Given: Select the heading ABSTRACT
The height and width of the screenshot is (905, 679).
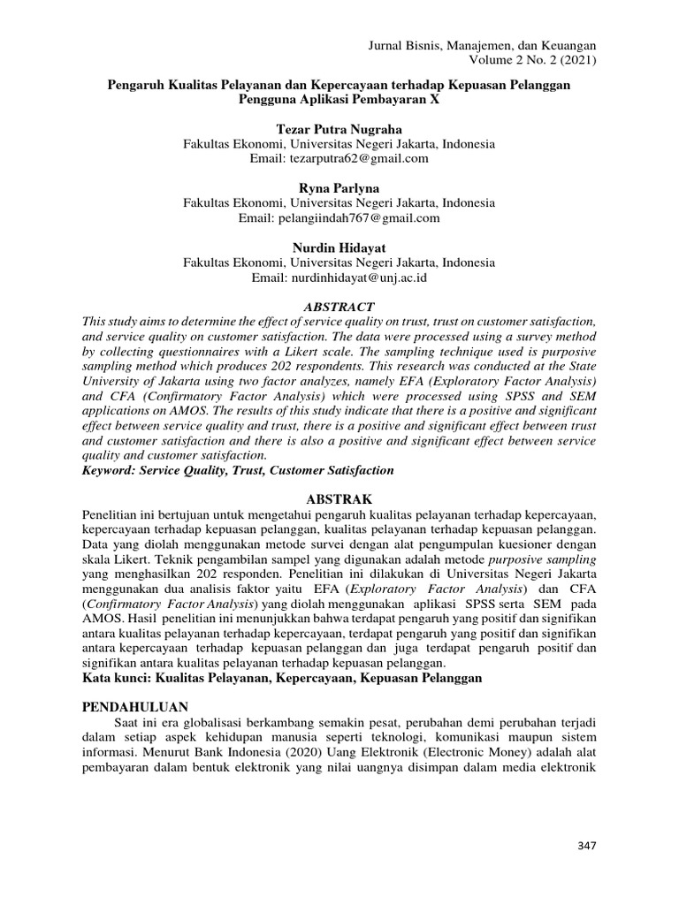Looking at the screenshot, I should (339, 305).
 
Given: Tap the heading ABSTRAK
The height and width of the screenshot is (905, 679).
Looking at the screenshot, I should (339, 498).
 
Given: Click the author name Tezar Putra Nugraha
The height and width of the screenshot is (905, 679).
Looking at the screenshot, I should (339, 130).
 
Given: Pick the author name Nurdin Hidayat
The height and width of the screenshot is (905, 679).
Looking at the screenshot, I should (339, 247).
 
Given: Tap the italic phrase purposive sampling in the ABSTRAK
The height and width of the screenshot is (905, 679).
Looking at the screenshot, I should (542, 560).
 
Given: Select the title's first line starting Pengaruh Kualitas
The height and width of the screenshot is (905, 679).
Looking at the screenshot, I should (339, 84).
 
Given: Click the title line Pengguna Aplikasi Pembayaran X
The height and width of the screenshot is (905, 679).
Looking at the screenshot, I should (339, 99).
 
